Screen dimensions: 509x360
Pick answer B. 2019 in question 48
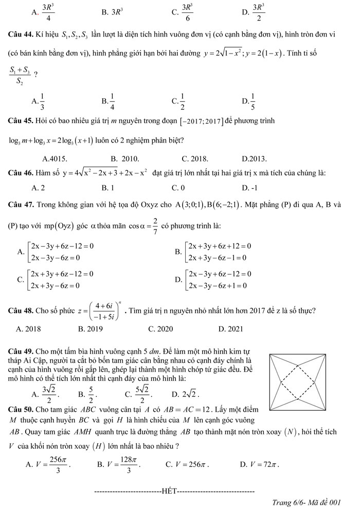(x=91, y=328)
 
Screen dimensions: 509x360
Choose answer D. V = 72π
(x=259, y=465)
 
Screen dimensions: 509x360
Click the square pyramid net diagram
(x=298, y=381)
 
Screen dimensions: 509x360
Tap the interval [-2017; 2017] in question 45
(x=198, y=121)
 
